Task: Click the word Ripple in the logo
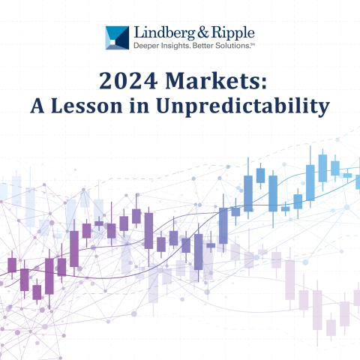pyautogui.click(x=229, y=33)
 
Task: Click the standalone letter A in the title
pyautogui.click(x=37, y=106)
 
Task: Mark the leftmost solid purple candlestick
pyautogui.click(x=12, y=265)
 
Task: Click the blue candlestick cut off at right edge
pyautogui.click(x=357, y=181)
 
